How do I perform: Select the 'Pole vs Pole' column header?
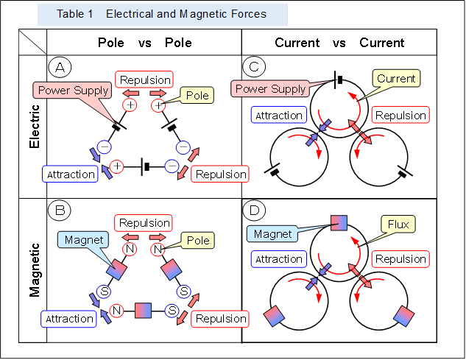tap(144, 43)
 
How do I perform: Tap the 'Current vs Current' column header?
tap(339, 43)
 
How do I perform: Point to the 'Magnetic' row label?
tap(35, 269)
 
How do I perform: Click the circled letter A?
tap(60, 68)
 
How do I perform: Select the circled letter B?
tap(60, 211)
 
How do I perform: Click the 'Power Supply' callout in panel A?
tap(74, 91)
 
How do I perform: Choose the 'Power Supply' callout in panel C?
tap(270, 89)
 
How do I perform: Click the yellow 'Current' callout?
tap(396, 78)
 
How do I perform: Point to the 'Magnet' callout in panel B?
tap(82, 240)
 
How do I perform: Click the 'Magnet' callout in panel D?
tap(273, 234)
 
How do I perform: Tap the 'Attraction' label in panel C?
tap(279, 116)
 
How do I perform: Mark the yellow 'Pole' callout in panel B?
tap(198, 240)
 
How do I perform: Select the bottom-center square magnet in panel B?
tap(144, 310)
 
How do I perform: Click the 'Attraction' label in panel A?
tap(71, 174)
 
